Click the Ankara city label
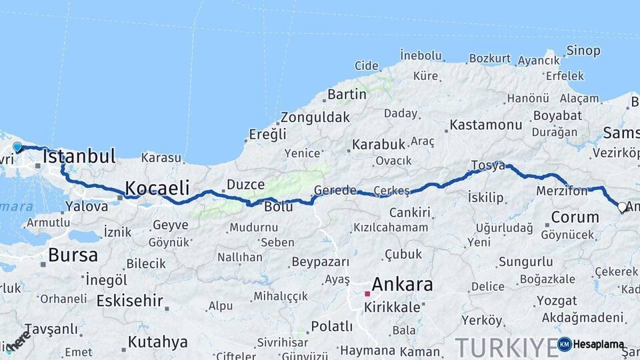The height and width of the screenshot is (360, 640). (x=402, y=285)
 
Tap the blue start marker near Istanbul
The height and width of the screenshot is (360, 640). (x=17, y=147)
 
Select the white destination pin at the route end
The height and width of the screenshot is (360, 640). (x=622, y=207)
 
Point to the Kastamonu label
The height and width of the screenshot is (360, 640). (x=485, y=125)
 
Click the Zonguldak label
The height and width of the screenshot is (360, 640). (x=315, y=117)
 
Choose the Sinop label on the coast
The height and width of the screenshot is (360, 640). (x=583, y=51)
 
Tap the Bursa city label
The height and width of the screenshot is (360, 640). (x=73, y=255)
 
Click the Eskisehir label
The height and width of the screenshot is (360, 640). (x=129, y=301)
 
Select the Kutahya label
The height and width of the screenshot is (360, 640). (x=157, y=342)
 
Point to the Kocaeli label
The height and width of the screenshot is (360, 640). (x=157, y=187)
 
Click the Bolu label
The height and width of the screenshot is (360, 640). (x=279, y=207)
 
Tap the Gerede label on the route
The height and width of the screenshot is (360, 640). (x=335, y=190)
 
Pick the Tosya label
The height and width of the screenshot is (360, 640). (x=488, y=165)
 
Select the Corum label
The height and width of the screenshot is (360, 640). (x=575, y=217)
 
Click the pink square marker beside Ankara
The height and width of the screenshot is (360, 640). (x=367, y=293)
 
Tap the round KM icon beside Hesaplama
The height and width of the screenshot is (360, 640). (x=564, y=344)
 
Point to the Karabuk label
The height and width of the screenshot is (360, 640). (x=379, y=144)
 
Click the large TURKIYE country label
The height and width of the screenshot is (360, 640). (x=507, y=347)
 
